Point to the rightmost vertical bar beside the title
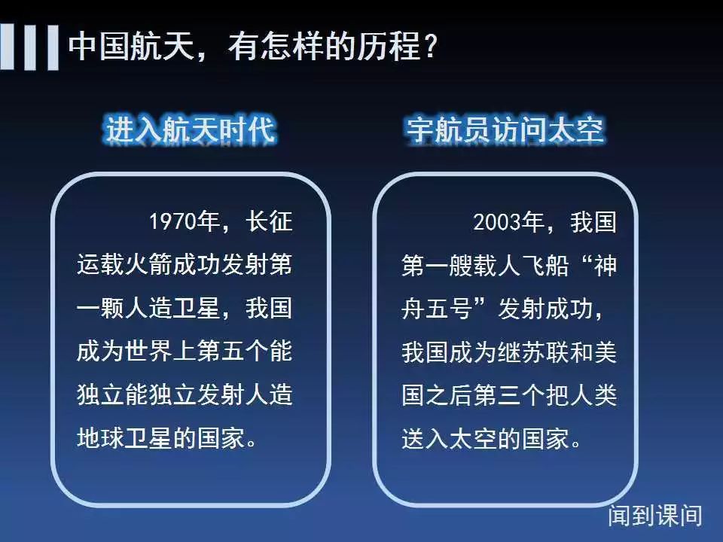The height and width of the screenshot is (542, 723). (53, 47)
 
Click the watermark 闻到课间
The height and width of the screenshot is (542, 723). (655, 515)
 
